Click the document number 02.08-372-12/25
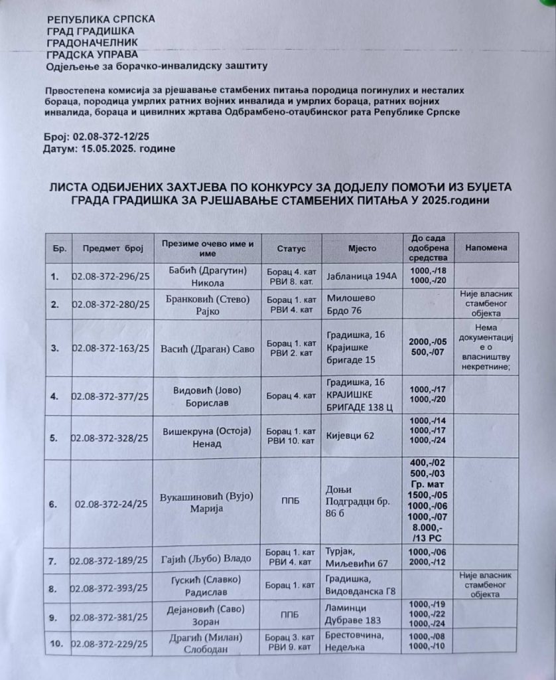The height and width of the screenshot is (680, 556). coord(113,136)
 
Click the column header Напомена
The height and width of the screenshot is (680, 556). coord(486,247)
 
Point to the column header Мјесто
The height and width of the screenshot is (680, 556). coord(362,248)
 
